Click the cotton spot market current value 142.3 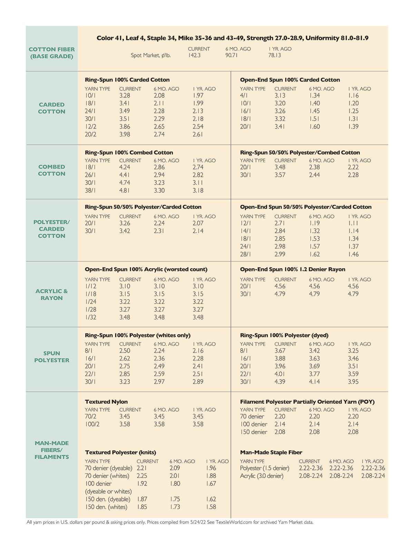click(195, 55)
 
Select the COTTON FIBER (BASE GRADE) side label click(52, 53)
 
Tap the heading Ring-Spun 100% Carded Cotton click(127, 80)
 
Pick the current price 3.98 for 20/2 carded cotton click(125, 134)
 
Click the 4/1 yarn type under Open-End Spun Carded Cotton click(244, 95)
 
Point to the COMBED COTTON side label click(52, 170)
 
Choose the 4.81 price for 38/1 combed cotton click(125, 190)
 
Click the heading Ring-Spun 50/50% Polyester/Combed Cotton click(300, 153)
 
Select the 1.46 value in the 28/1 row click(353, 254)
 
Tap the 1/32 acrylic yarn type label click(91, 317)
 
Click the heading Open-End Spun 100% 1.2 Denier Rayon click(293, 269)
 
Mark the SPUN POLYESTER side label click(52, 357)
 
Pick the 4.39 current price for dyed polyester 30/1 click(280, 382)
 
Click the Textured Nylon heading click(106, 402)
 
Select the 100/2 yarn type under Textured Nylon click(92, 424)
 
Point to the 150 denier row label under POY click(254, 432)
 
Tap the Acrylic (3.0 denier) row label click(262, 476)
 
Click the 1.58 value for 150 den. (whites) click(211, 507)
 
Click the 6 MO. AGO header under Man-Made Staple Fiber click(342, 461)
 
